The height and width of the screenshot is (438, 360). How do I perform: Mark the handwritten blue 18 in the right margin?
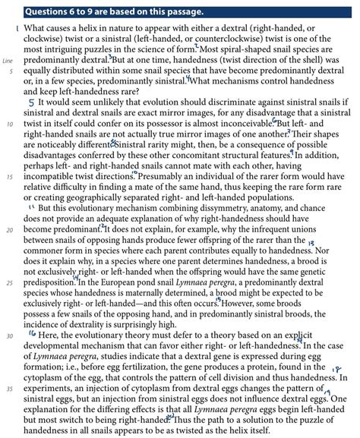coord(338,368)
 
